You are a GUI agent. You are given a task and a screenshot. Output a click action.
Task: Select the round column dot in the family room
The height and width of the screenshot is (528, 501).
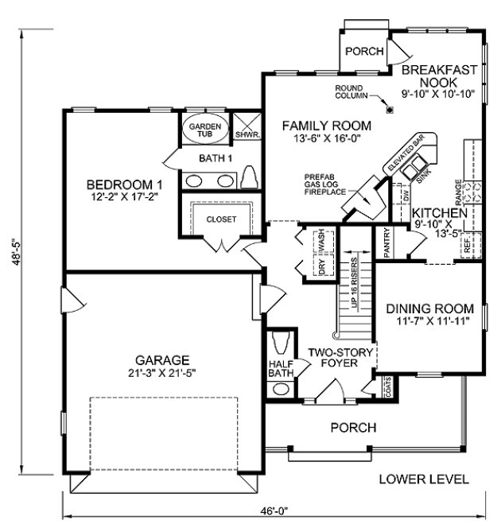click(389, 109)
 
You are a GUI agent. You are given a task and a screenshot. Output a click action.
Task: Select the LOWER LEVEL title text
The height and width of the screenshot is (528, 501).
click(424, 479)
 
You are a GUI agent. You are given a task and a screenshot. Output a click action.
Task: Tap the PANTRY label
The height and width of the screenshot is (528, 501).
click(386, 243)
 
